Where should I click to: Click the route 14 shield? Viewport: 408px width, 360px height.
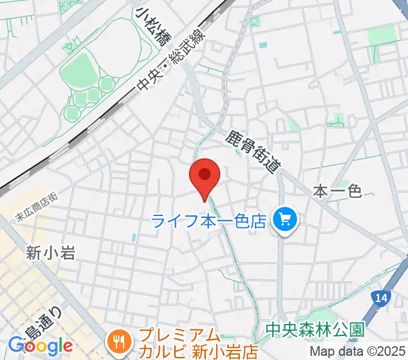tap(380, 297)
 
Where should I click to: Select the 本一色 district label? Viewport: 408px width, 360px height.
tap(337, 191)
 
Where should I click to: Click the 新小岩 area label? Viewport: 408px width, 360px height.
tap(50, 253)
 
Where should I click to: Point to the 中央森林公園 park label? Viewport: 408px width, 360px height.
tap(315, 330)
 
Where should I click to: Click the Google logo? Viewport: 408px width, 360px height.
tap(41, 346)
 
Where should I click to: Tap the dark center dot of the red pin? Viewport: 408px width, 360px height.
tap(205, 174)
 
